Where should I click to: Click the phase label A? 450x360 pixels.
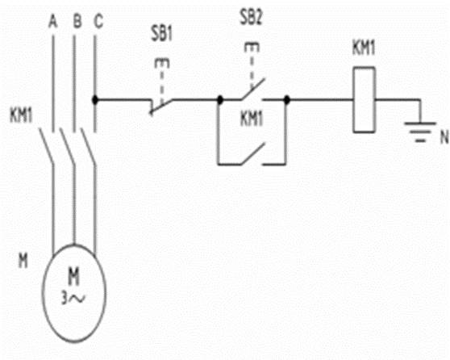(x=53, y=22)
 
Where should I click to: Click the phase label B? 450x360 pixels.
(x=77, y=21)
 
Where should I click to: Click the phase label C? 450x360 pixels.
(x=98, y=22)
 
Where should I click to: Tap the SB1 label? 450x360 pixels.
(x=162, y=34)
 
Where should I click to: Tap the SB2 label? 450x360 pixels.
(x=251, y=18)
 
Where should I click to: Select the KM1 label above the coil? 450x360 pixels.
(x=364, y=48)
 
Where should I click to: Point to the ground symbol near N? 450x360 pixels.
(x=420, y=132)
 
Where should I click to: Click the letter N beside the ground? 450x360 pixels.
(x=444, y=137)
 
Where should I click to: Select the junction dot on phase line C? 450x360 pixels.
(x=95, y=100)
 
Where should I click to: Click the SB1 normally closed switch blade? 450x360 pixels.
(x=161, y=107)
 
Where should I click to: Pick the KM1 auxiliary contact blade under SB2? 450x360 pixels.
(x=252, y=153)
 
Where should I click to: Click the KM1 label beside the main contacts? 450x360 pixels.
(x=21, y=115)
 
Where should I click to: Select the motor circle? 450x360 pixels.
(x=42, y=293)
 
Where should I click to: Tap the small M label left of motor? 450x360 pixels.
(x=23, y=262)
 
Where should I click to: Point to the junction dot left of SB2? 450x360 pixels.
(x=220, y=100)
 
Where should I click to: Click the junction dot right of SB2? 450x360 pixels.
(x=287, y=100)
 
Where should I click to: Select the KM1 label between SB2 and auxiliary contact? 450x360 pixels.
(x=252, y=119)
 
